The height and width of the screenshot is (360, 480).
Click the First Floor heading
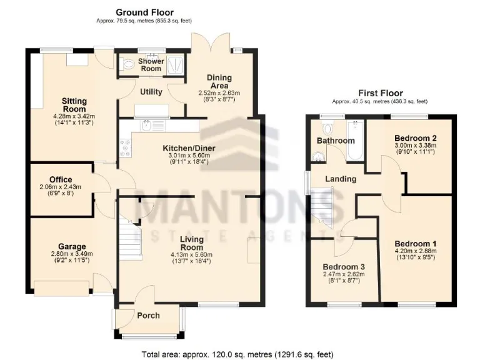pos(380,93)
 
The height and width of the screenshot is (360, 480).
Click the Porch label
pos(148,315)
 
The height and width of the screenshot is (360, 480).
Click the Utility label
pos(151,92)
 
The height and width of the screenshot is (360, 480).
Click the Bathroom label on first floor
pos(335,141)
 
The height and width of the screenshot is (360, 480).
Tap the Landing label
pos(341,179)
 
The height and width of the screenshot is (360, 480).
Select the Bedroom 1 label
pos(414,244)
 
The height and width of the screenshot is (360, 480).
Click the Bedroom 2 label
pos(414,138)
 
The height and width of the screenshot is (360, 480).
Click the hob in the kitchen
pos(122,149)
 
